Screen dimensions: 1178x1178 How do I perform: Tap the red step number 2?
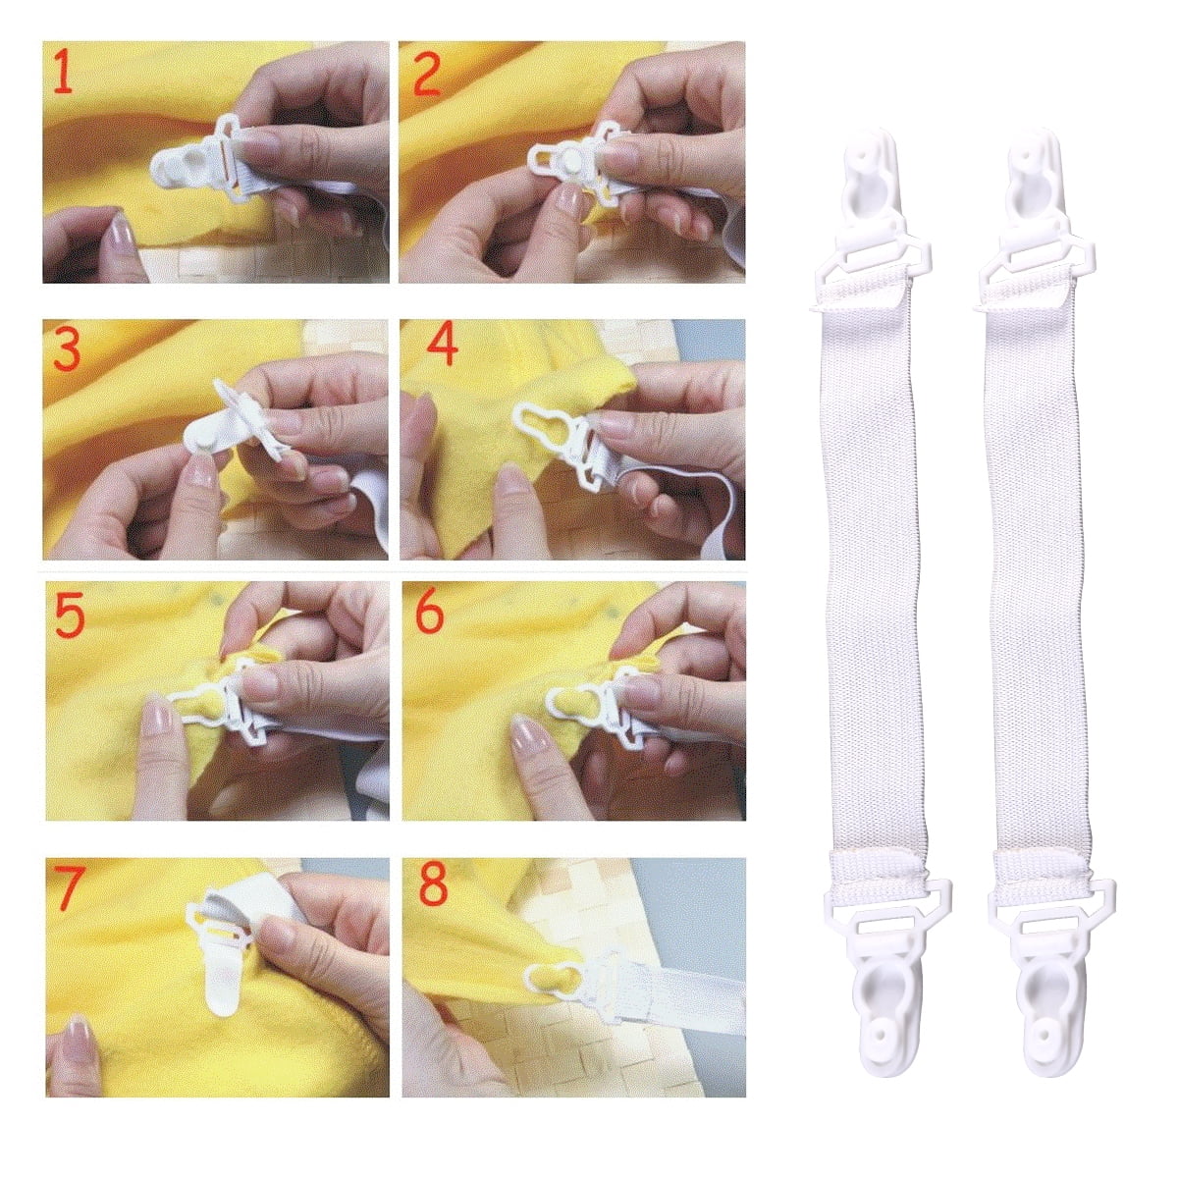(425, 75)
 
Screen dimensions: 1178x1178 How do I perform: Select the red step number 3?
(66, 350)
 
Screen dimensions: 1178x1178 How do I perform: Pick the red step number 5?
(69, 616)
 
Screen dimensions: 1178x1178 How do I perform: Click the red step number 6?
(430, 614)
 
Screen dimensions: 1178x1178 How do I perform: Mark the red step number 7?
(70, 888)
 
